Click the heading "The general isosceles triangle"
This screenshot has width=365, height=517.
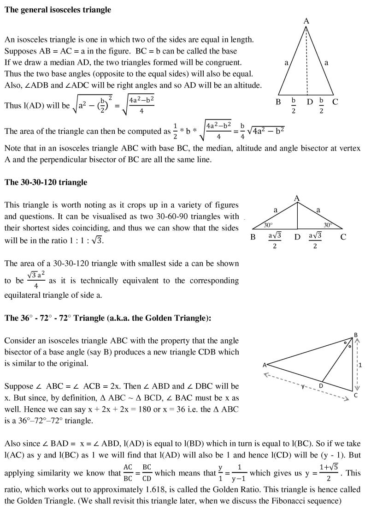point(58,10)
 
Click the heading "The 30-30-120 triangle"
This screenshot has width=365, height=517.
point(46,182)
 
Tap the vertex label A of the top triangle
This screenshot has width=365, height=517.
point(306,21)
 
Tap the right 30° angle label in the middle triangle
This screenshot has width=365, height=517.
point(328,225)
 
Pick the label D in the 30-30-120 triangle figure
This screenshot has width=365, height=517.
point(297,237)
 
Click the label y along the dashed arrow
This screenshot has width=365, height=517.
point(303,386)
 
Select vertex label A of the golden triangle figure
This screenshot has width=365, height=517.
point(265,365)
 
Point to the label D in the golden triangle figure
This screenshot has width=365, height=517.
point(321,385)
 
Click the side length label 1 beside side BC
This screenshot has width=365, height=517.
point(360,364)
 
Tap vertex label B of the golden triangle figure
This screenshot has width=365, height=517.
point(355,335)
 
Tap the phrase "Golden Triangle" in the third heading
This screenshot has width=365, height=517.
point(183,319)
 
